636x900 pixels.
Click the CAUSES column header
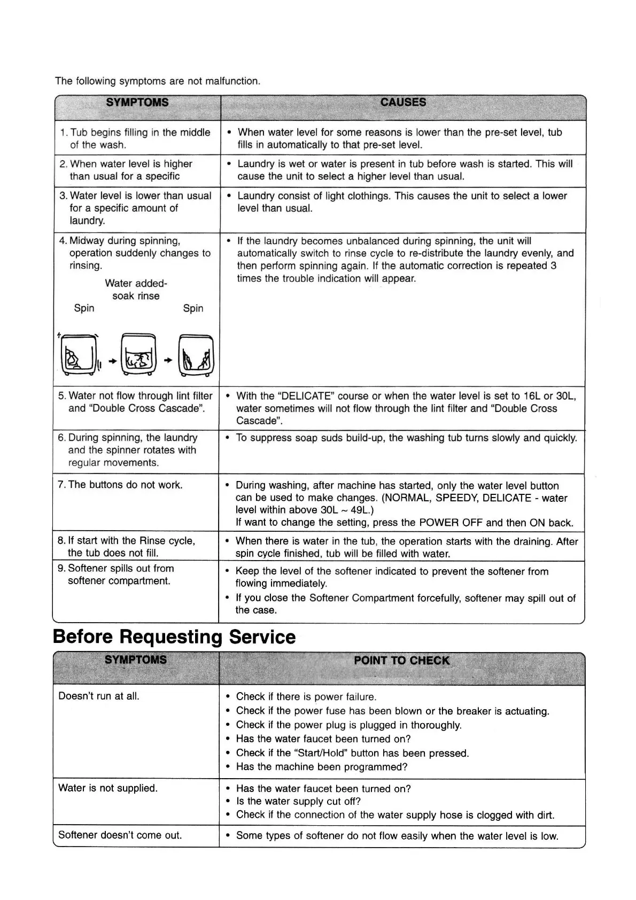coord(403,102)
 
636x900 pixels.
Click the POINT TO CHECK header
coord(401,661)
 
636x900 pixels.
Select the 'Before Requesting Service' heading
coord(174,637)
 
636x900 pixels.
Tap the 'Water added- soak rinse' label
coord(136,289)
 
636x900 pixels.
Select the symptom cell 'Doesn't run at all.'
coord(99,696)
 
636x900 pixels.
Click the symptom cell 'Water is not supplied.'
coord(108,788)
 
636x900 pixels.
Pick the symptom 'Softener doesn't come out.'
coord(120,835)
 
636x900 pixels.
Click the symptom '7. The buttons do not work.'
coord(120,485)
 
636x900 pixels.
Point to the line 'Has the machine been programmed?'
coord(322,767)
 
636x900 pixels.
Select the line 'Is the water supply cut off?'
coord(298,801)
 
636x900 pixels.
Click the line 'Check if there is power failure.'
coord(306,696)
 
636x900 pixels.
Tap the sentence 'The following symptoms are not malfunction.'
coord(158,81)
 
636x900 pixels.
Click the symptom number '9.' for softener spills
coord(61,568)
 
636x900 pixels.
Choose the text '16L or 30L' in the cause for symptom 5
coord(549,396)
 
